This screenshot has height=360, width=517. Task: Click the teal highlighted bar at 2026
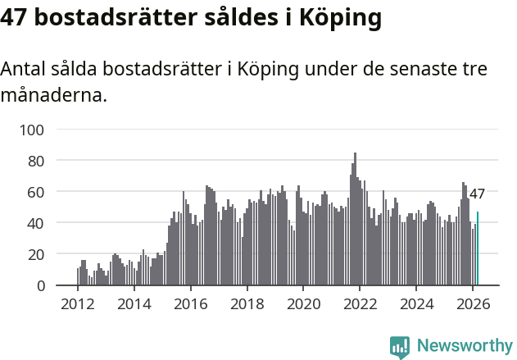(478, 248)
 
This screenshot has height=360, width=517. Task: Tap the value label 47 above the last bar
(477, 194)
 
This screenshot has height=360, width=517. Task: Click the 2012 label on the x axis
(78, 303)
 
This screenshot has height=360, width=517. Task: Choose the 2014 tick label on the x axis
(134, 303)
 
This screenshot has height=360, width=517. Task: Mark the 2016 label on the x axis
(191, 303)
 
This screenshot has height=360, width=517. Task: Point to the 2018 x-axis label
(247, 303)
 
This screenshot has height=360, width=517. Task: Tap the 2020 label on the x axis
(303, 303)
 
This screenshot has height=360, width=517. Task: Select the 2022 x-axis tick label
(360, 303)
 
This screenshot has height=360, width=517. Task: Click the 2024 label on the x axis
(416, 303)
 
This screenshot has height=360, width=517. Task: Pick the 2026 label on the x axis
(472, 303)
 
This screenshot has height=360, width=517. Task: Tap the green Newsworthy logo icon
(400, 347)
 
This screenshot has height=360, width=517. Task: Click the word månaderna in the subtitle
(53, 95)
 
